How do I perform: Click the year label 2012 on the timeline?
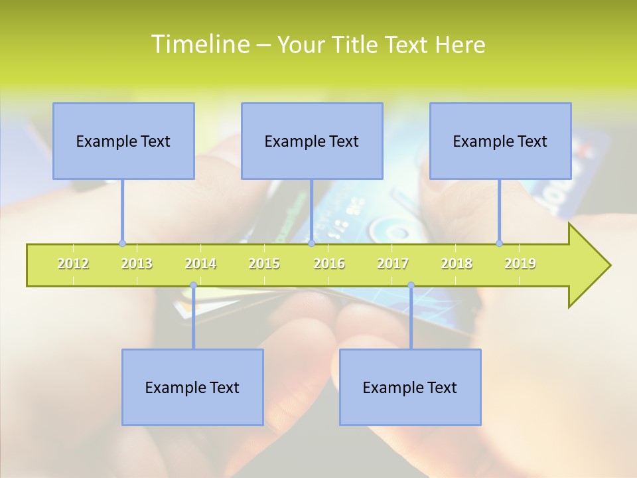click(x=73, y=264)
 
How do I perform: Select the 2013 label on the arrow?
click(x=137, y=264)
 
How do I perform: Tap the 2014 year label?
click(x=200, y=264)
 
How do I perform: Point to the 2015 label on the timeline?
click(x=264, y=264)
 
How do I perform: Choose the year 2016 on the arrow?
click(x=329, y=264)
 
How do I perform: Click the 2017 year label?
click(x=393, y=264)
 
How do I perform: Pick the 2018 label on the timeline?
click(x=457, y=264)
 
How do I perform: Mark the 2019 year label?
click(x=520, y=264)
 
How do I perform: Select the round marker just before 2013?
click(x=122, y=243)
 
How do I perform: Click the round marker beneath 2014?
click(x=193, y=285)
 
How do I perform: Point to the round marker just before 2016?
click(x=311, y=243)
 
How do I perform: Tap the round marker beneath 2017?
click(x=411, y=285)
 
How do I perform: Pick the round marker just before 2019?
click(x=500, y=243)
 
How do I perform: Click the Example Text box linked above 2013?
click(x=123, y=141)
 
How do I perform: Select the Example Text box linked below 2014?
click(x=192, y=387)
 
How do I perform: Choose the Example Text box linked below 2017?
click(x=410, y=387)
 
